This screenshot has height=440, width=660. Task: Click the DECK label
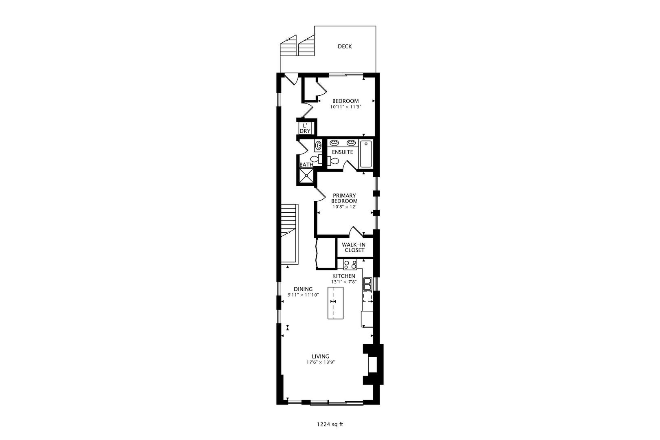(344, 46)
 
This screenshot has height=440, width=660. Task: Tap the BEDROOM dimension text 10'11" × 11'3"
(345, 107)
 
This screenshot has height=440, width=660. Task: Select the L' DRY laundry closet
(305, 128)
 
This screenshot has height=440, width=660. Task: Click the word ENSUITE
(342, 152)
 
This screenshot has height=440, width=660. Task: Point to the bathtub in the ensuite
(366, 154)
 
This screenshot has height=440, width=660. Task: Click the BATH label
(306, 165)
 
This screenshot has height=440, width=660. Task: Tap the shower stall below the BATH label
(306, 176)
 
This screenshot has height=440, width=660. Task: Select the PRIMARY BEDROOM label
(344, 198)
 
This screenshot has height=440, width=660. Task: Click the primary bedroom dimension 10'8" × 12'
(344, 207)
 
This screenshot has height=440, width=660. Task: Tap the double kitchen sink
(367, 284)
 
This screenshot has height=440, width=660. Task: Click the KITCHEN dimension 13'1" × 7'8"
(344, 282)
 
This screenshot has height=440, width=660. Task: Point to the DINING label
(303, 289)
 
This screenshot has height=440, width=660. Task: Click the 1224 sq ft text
(330, 425)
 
